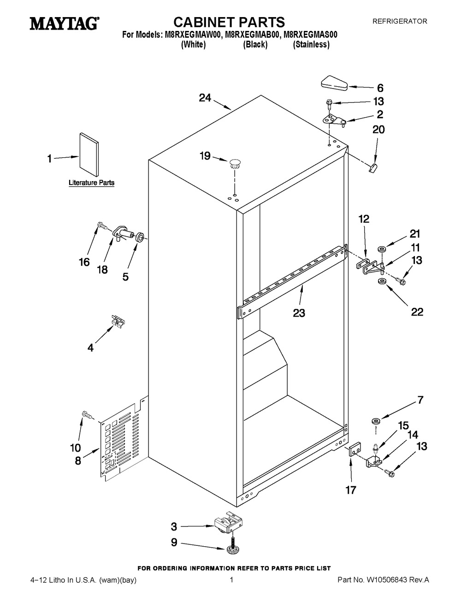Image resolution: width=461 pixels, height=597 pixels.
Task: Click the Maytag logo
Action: (x=65, y=24)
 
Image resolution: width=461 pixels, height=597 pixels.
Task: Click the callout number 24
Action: (x=205, y=98)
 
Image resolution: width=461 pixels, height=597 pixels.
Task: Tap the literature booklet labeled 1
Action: (x=89, y=155)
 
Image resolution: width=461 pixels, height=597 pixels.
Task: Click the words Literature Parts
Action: (x=91, y=182)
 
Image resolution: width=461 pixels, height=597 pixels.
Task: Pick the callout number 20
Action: (x=378, y=129)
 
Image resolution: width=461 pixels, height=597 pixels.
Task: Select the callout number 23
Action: (x=299, y=313)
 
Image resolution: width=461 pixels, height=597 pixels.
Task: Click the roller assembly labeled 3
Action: (x=229, y=522)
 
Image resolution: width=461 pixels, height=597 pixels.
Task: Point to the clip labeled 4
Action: (x=118, y=322)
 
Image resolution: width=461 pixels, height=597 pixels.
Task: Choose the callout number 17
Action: (x=351, y=490)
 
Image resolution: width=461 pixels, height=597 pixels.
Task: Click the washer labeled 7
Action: (x=376, y=421)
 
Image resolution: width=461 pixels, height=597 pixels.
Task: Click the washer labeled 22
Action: (x=381, y=281)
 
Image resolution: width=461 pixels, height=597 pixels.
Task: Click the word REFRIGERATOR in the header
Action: (x=400, y=21)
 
